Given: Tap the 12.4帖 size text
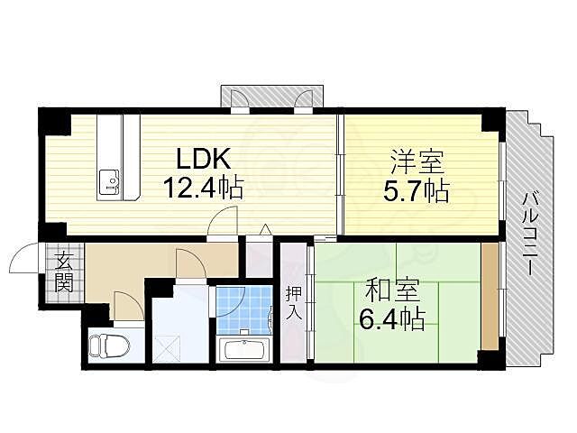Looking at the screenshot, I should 203,189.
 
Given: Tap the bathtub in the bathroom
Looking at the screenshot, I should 244,350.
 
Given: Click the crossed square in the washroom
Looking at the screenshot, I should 168,346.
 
